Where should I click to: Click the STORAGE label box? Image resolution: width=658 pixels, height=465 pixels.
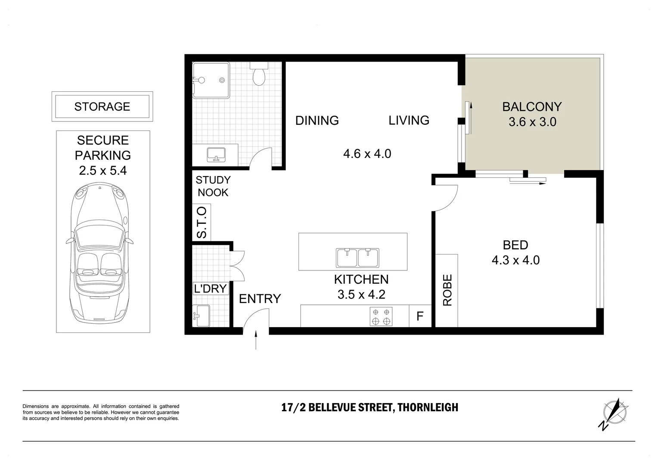(102, 106)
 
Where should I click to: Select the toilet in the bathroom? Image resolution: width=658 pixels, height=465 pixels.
(259, 75)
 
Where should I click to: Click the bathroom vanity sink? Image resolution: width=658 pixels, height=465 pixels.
(216, 155)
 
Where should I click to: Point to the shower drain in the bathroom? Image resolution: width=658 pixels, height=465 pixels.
(222, 80)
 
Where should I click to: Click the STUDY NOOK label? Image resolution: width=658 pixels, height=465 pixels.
(213, 186)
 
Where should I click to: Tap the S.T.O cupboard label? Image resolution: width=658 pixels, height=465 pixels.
(202, 223)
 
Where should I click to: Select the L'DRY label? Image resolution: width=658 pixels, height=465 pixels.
(210, 288)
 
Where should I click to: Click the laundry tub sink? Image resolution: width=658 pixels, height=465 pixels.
(201, 316)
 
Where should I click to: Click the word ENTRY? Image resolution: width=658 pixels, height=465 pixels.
(260, 298)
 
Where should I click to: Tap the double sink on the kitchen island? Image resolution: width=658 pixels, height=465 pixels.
(357, 258)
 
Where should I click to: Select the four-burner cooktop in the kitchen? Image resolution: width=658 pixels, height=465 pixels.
(381, 316)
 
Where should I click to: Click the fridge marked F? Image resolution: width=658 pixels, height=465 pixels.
(420, 316)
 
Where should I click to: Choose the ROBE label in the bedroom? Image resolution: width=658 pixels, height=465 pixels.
(447, 290)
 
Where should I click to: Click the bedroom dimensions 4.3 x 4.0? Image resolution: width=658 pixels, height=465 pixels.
(515, 260)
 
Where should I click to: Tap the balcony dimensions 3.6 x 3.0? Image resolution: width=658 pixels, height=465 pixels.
(532, 122)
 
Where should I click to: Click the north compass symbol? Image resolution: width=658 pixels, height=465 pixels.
(614, 412)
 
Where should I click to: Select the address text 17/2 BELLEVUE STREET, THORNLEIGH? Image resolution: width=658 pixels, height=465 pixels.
(369, 407)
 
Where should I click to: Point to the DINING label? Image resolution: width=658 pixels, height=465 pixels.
(317, 121)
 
